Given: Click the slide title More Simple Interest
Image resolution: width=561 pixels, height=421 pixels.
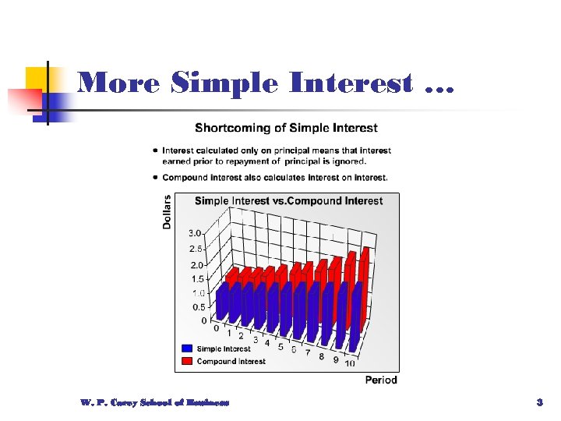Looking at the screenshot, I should (265, 83).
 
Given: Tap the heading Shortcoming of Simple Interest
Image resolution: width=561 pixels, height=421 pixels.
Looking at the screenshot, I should (286, 128).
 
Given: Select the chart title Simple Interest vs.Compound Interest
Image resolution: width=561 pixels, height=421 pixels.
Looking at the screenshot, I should (288, 201).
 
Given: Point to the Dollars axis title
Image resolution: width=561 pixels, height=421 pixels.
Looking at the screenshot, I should (167, 211).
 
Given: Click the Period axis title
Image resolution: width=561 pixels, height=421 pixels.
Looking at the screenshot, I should (381, 380).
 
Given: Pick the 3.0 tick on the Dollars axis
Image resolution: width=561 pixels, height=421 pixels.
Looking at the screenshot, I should (195, 233).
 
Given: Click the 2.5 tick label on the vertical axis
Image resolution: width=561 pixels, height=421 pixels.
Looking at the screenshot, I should (196, 249).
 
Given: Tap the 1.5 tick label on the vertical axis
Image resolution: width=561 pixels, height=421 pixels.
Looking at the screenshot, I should (198, 279).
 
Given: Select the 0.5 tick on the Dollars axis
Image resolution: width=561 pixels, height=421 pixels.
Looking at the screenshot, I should (200, 307).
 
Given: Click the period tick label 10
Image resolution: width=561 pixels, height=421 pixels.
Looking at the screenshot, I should (350, 363).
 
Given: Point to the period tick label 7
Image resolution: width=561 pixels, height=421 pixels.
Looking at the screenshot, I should (308, 354).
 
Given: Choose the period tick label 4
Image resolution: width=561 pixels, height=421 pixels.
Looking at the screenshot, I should (267, 342).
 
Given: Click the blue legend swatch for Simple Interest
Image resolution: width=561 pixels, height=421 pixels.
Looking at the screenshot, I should (187, 348).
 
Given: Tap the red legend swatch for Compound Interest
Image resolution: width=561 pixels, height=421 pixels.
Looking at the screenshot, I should (187, 361).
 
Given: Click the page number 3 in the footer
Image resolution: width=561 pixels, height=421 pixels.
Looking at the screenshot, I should (539, 402).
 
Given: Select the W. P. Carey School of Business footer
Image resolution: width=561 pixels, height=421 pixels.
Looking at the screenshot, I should (154, 402).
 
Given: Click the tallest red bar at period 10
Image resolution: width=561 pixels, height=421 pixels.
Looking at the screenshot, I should (363, 296).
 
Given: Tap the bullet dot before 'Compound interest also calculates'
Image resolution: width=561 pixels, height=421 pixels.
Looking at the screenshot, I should (157, 178).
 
